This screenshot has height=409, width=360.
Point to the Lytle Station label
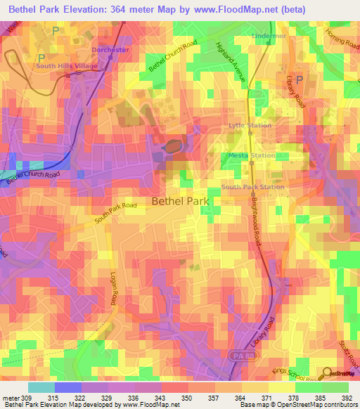coord(250,125)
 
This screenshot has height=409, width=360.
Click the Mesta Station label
coord(251,155)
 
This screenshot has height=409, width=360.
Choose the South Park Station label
coord(252,187)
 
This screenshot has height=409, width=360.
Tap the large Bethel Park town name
coord(181,201)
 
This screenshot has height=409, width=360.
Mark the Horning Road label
coord(341,39)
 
